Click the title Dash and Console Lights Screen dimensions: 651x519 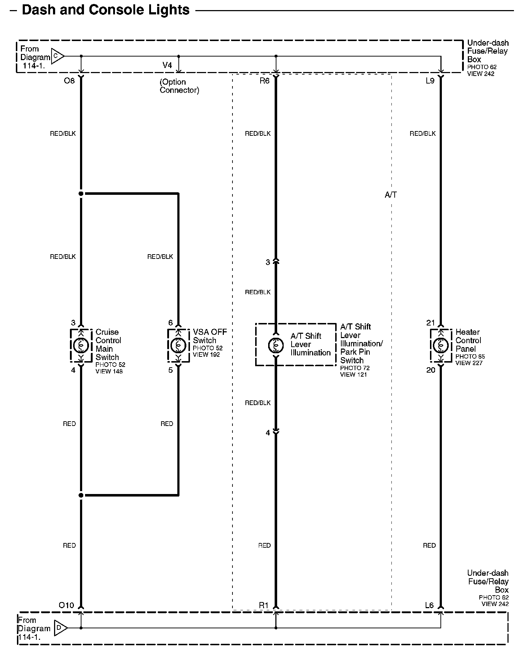pos(106,10)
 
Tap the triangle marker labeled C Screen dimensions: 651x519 pos(57,56)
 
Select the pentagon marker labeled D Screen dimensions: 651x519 pos(60,628)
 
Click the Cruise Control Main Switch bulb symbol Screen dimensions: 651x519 pos(81,345)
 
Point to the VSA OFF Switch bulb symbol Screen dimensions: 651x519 pos(178,345)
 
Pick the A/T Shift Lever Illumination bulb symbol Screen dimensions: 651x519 pos(276,345)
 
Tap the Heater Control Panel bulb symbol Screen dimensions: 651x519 pos(440,345)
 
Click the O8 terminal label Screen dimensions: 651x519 pos(69,81)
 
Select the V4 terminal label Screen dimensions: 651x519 pos(167,65)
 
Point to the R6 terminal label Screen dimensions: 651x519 pos(264,81)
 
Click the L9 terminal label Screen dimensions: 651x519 pos(430,81)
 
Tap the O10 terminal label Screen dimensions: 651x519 pos(66,605)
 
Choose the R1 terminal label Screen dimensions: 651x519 pos(264,605)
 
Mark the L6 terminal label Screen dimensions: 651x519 pos(429,605)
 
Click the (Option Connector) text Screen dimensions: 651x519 pos(179,86)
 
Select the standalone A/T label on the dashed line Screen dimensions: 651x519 pos(391,195)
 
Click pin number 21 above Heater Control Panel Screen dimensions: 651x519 pos(431,323)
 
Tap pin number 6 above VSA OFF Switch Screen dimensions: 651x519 pos(170,323)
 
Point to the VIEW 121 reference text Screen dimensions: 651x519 pos(353,374)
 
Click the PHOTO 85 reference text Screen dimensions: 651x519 pos(470,356)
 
